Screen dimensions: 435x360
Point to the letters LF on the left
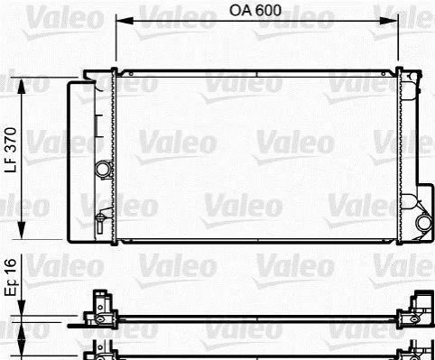[x=11, y=164]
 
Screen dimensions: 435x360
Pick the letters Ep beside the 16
[x=11, y=288]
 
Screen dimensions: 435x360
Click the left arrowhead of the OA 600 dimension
[x=125, y=21]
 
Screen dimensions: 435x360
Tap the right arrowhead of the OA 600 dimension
[x=389, y=21]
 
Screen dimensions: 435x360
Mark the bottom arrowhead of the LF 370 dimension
[x=22, y=230]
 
